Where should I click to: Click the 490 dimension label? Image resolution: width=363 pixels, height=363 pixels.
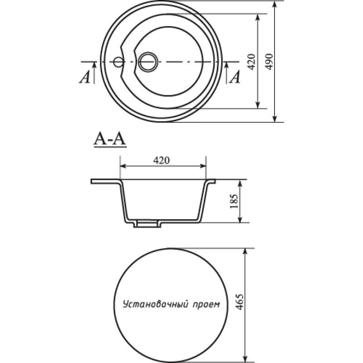click(x=269, y=62)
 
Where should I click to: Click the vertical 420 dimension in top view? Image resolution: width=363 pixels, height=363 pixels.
click(x=252, y=62)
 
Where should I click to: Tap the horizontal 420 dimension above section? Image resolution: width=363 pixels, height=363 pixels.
click(x=162, y=160)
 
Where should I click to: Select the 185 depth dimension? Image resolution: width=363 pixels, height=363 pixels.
click(x=234, y=201)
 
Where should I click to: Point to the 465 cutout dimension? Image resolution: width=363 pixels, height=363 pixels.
click(x=240, y=302)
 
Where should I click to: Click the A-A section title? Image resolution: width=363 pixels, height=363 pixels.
click(x=110, y=140)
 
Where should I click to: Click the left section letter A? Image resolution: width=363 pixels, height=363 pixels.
click(x=85, y=77)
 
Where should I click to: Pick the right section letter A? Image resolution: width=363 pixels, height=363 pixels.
click(x=235, y=77)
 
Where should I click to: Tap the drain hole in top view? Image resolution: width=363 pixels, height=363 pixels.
click(x=148, y=62)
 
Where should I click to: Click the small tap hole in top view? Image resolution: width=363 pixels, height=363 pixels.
click(x=118, y=62)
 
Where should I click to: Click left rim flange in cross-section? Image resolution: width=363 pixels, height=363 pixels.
click(x=105, y=181)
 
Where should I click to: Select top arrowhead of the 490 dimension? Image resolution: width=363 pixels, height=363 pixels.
click(x=275, y=5)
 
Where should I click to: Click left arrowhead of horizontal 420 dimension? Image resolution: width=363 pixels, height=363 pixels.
click(x=123, y=166)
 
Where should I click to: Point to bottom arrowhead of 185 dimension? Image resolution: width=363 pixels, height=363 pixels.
click(x=240, y=219)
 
